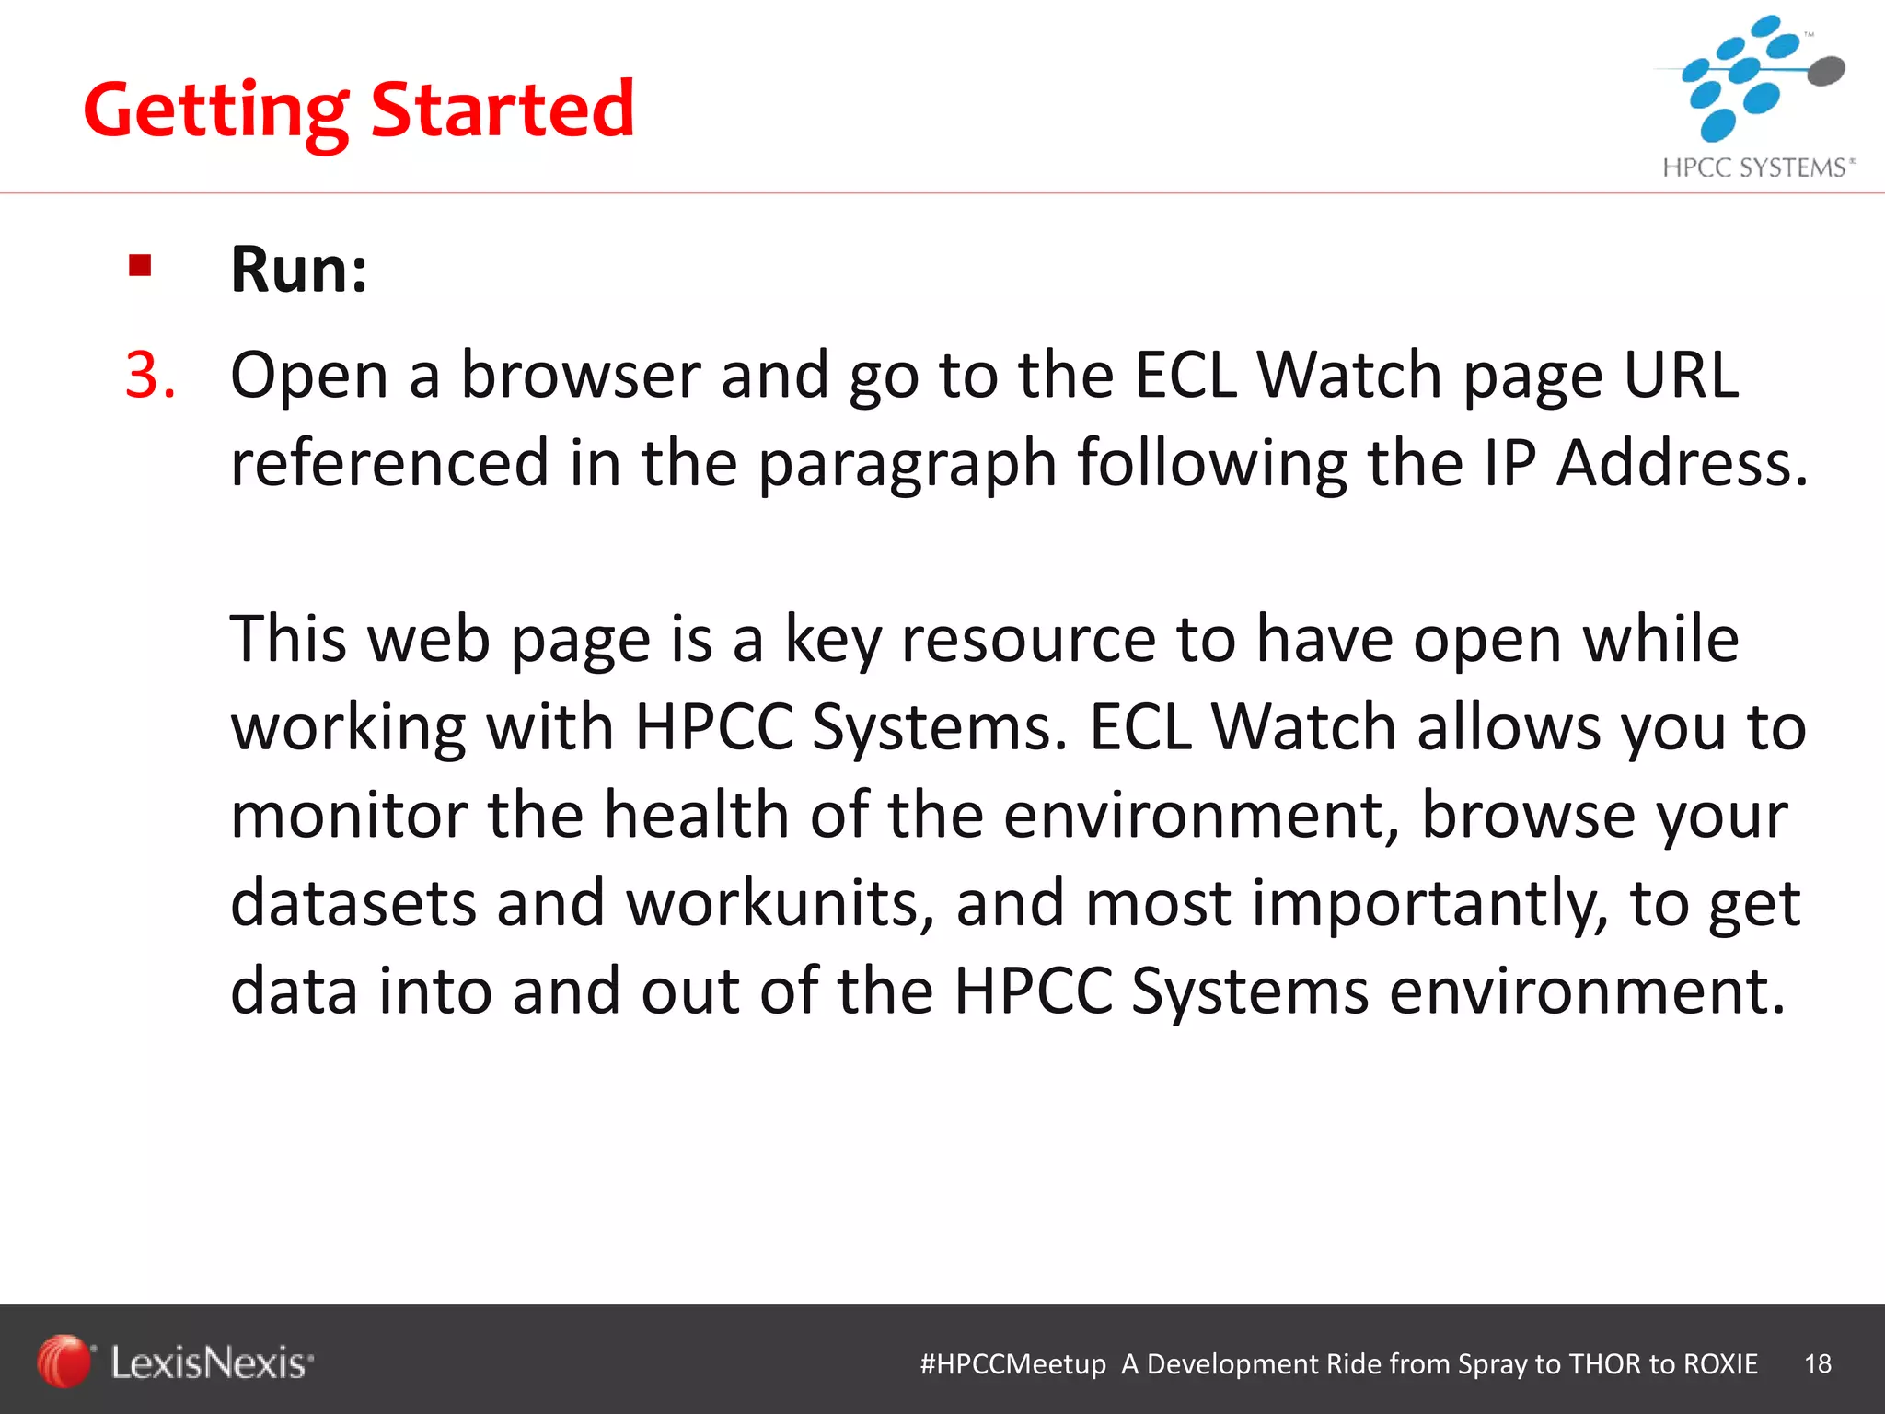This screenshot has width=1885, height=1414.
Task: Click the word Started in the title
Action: [503, 110]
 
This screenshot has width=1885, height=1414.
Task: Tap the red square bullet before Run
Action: [140, 266]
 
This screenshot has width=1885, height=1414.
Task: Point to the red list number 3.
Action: [150, 376]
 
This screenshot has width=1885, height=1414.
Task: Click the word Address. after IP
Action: [1682, 463]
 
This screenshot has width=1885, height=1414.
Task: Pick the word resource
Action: [1027, 640]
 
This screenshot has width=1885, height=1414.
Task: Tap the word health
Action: [696, 816]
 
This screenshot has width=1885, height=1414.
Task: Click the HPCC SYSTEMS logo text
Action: [1756, 168]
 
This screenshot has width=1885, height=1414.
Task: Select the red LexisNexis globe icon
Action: [64, 1361]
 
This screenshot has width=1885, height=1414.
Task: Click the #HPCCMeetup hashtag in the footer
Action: [1012, 1363]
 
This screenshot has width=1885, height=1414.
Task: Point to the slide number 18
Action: [1818, 1363]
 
